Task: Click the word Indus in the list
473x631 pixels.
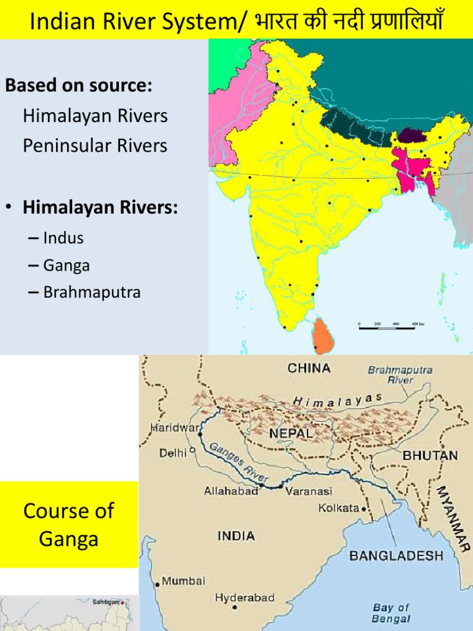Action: pos(63,238)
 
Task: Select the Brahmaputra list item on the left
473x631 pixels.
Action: pos(92,292)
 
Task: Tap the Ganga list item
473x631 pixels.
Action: pos(67,265)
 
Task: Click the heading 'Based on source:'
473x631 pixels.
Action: pos(78,86)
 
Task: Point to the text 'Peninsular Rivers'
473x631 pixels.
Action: pos(95,146)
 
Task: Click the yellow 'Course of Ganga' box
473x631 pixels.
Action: pos(69,524)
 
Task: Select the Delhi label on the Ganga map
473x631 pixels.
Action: pos(172,453)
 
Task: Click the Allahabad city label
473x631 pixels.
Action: pos(231,491)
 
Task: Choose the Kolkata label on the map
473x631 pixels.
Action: pos(339,508)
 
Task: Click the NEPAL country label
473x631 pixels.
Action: pos(290,433)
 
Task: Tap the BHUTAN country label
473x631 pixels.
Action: pos(430,455)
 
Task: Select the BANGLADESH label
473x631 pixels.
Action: pos(396,555)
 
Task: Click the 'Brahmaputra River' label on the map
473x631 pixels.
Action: pos(400,375)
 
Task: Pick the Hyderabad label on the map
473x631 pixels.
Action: pos(245,598)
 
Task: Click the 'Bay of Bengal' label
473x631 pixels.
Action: pos(391,613)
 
